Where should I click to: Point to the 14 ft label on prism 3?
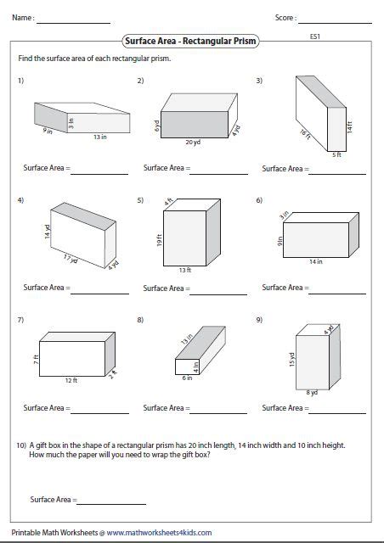348,126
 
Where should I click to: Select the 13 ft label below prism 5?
184,271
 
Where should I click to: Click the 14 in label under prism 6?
316,261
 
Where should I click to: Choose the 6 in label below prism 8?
187,378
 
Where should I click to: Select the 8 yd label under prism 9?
311,393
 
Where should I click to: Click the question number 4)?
20,200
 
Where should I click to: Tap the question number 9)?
259,320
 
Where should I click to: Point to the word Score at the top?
285,17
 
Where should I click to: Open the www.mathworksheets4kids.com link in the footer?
160,533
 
